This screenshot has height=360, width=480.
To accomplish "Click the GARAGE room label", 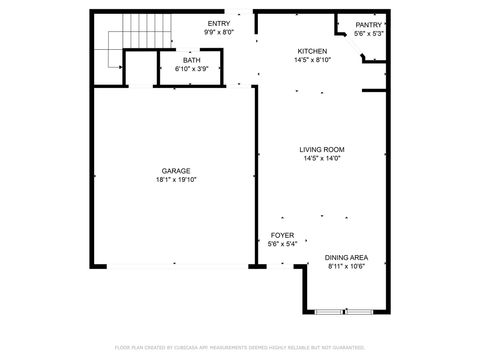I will (x=176, y=171).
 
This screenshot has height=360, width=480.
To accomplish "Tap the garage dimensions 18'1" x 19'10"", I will (x=176, y=180).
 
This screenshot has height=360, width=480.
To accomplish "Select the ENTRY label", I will (x=218, y=24).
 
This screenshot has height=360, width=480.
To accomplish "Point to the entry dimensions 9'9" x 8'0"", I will (x=218, y=33).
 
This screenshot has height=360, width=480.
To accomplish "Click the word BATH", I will (x=191, y=60).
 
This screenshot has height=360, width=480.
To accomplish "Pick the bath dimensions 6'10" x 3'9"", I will (x=191, y=69).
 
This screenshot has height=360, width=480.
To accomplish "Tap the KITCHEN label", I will (x=312, y=51).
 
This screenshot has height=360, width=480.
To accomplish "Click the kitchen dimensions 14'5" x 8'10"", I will (x=312, y=60).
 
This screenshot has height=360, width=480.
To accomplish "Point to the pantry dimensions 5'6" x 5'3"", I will (x=368, y=33).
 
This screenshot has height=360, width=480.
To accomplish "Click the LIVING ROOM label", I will (x=322, y=149).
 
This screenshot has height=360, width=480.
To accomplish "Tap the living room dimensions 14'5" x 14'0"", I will (x=322, y=158).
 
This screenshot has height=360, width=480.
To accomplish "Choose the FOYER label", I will (x=281, y=235).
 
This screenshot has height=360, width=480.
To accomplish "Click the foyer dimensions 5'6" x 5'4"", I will (x=281, y=244).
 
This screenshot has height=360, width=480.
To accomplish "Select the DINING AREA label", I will (x=346, y=258).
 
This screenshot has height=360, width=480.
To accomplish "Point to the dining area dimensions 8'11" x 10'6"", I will (x=346, y=267).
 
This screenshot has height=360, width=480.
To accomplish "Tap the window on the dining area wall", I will (x=345, y=313).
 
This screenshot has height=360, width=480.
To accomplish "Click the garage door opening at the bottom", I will (x=176, y=265).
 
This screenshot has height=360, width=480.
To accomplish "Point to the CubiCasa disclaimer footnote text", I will (x=240, y=347).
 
